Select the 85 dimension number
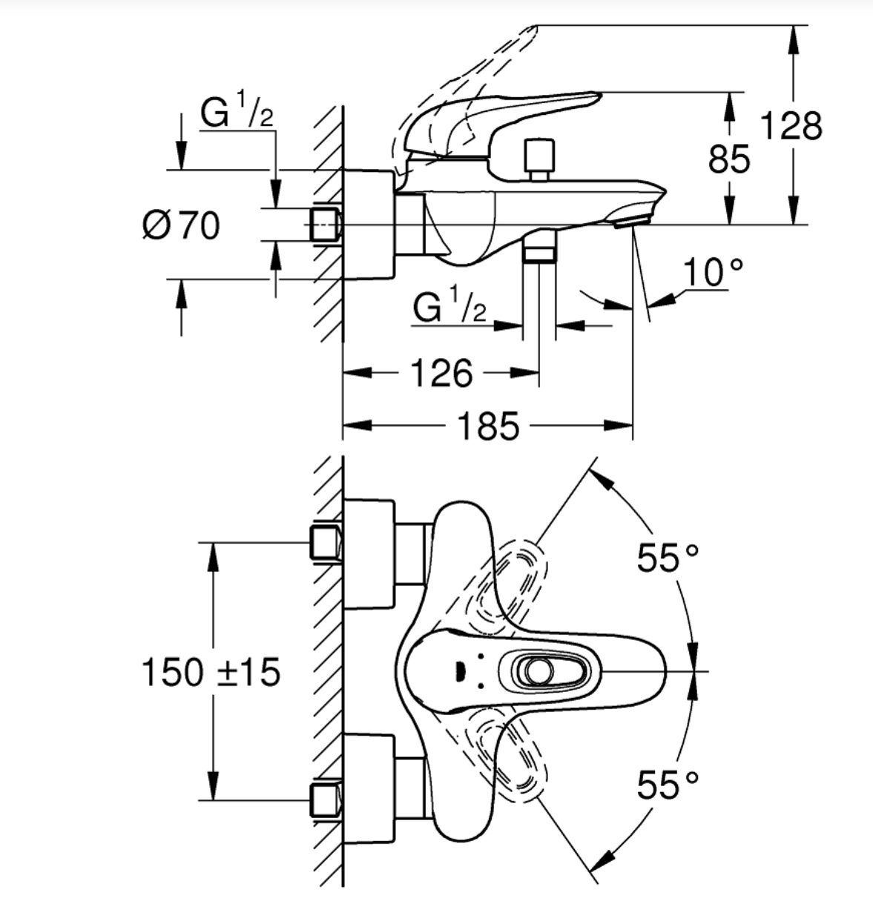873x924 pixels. [x=728, y=159]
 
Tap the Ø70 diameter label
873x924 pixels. [x=181, y=225]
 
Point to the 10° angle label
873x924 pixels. [x=712, y=273]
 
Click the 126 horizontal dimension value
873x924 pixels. [x=441, y=373]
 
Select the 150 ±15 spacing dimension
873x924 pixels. [x=211, y=673]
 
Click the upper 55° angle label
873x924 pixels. [x=667, y=558]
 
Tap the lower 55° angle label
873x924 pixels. [x=667, y=785]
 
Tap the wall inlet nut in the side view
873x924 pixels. [x=323, y=225]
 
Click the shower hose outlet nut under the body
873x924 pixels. [x=539, y=253]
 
